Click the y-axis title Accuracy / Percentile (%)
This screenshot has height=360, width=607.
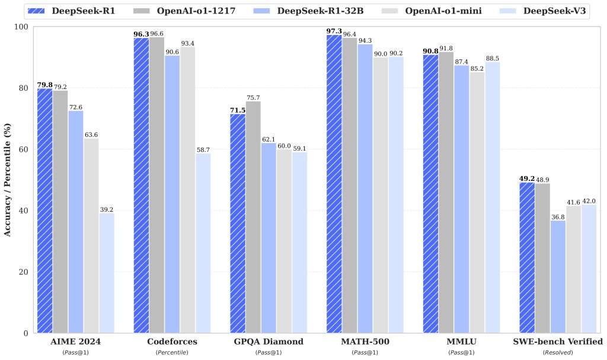(8, 180)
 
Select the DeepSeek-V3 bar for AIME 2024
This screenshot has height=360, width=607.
(107, 273)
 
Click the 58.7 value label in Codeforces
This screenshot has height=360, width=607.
(203, 149)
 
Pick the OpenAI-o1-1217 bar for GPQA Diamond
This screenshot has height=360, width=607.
(253, 217)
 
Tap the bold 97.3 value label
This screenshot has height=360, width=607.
(334, 30)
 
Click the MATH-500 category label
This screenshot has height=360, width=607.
(365, 342)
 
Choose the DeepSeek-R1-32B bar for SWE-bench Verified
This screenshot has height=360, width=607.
(558, 276)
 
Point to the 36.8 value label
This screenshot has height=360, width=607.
(558, 216)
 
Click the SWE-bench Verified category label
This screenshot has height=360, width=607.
(558, 342)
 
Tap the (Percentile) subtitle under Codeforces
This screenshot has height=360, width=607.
(172, 352)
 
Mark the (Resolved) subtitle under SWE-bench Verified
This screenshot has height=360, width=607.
(558, 352)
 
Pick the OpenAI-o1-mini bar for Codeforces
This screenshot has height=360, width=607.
(188, 190)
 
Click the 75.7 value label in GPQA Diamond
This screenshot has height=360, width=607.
(254, 97)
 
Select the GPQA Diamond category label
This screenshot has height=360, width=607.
(268, 342)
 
